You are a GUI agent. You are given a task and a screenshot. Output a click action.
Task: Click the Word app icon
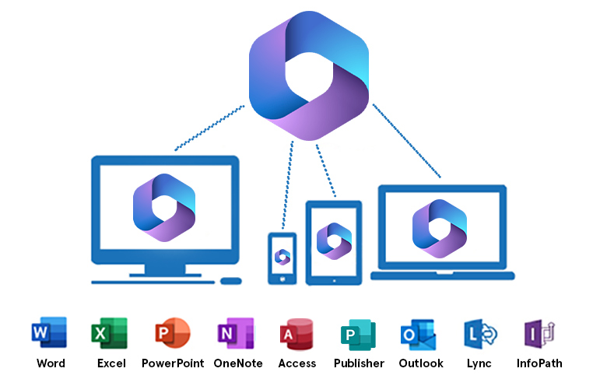click(49, 334)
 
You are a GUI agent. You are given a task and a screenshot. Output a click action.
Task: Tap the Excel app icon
click(110, 334)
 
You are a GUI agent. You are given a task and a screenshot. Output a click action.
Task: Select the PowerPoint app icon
click(172, 334)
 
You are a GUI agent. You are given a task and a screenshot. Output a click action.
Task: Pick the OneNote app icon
click(235, 334)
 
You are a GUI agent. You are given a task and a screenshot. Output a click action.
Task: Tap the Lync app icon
click(479, 334)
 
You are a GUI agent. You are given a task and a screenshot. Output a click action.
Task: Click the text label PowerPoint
click(173, 363)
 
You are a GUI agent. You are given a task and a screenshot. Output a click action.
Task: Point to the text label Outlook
click(421, 363)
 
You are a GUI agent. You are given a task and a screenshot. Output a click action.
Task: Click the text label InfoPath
click(539, 363)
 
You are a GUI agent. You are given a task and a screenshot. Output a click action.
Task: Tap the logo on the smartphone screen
click(282, 257)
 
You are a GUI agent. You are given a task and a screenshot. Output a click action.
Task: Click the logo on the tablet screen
click(335, 240)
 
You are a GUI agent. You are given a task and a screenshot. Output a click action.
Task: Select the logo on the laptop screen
click(440, 227)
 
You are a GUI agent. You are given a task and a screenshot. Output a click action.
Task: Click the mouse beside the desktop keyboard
click(231, 281)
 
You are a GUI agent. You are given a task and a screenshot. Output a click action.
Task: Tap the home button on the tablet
click(335, 279)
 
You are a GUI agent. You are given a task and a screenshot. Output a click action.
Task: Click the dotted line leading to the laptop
click(406, 141)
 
